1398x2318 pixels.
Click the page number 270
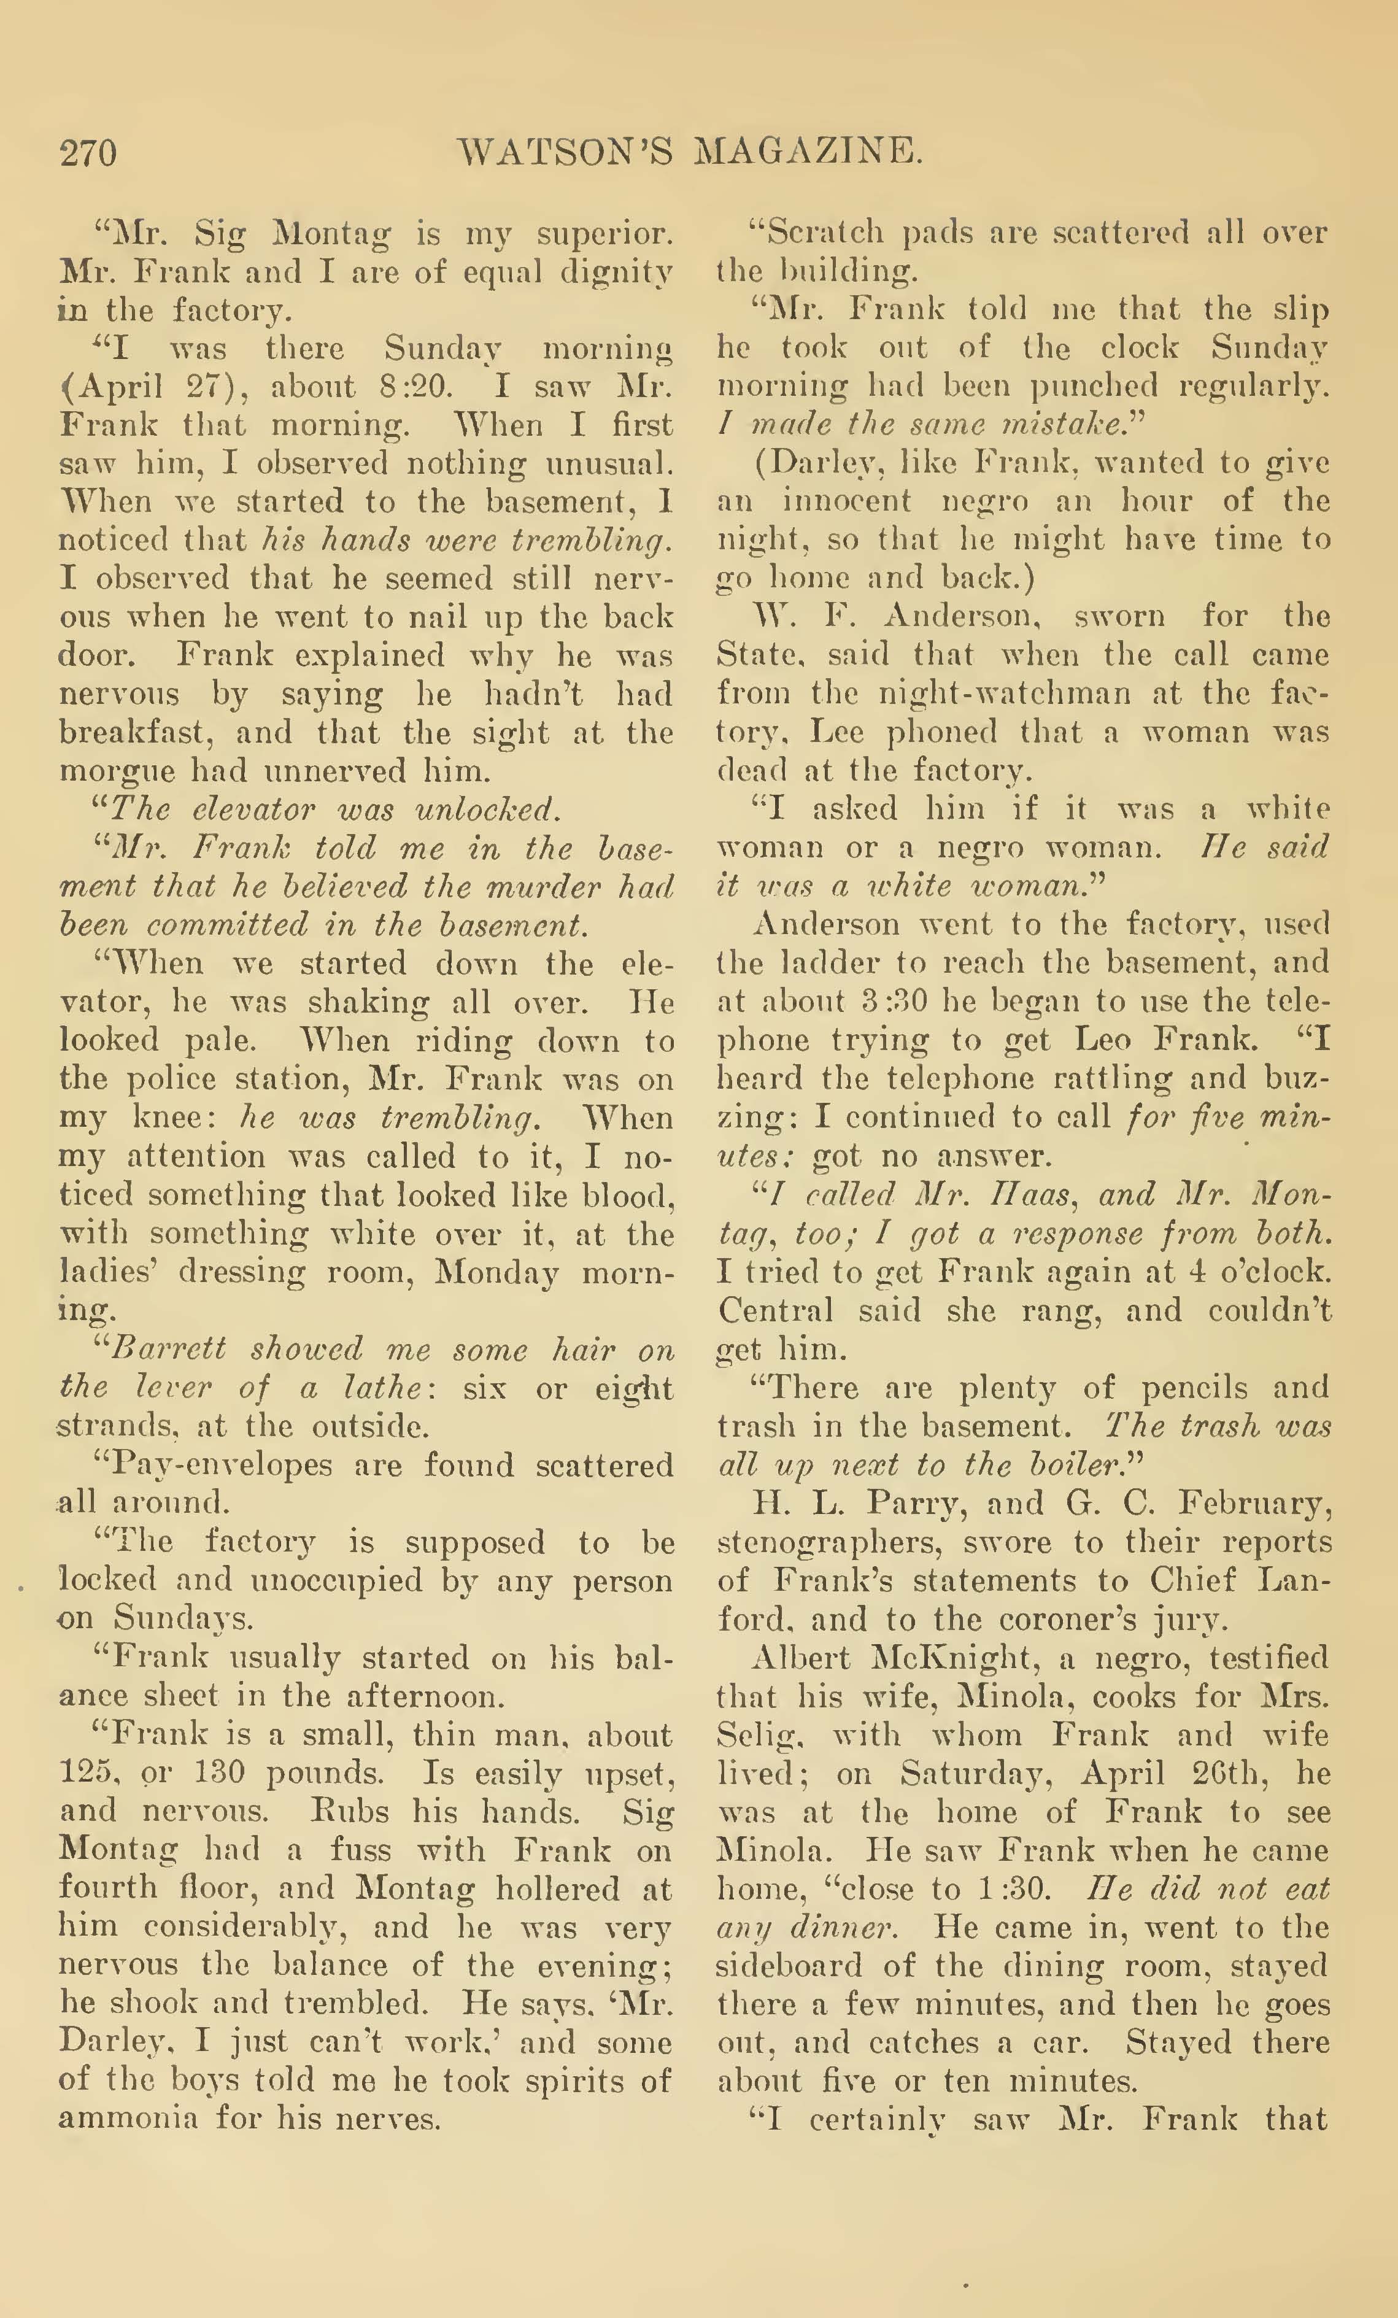tap(88, 152)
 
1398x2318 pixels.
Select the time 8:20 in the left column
tap(416, 387)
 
